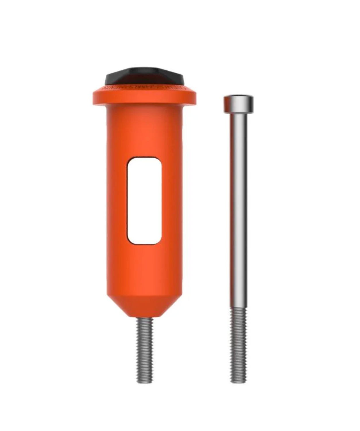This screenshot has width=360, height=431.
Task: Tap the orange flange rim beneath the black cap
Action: tap(144, 98)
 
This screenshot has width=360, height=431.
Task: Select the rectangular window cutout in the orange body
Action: tap(144, 201)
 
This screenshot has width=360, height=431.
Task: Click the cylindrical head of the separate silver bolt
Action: tap(238, 104)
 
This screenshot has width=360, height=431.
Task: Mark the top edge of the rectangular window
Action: tap(144, 158)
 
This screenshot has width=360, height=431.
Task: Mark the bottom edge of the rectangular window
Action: tap(144, 244)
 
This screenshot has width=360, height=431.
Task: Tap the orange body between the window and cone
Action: tap(144, 270)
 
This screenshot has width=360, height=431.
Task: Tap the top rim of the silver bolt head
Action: tap(238, 96)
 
